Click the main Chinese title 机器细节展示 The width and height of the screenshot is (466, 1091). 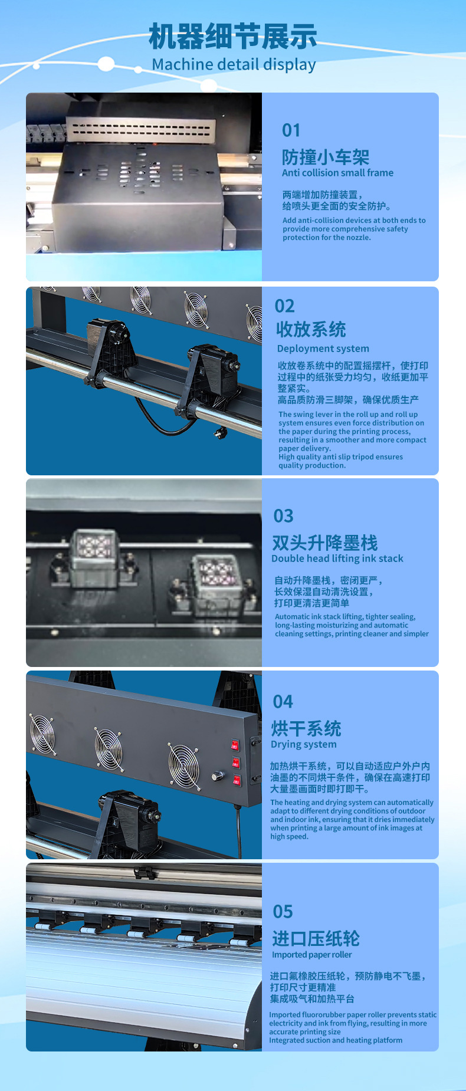(233, 37)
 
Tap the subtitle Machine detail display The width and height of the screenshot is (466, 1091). (234, 64)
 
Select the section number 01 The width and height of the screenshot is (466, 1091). (291, 130)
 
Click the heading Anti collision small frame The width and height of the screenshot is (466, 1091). (337, 173)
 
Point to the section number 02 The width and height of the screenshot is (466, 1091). (284, 306)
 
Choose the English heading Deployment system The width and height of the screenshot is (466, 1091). (323, 349)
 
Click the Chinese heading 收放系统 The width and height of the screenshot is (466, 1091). (311, 329)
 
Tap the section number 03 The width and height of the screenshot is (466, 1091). (283, 516)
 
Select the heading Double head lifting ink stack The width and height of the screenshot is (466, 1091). (337, 558)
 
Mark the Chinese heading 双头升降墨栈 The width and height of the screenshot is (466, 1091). (324, 543)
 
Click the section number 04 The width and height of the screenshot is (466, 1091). (283, 702)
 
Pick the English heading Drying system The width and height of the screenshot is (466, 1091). (303, 744)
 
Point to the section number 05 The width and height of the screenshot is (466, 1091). (283, 912)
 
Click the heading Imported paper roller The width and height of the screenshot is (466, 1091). (311, 955)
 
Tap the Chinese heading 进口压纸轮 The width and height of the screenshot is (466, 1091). (316, 938)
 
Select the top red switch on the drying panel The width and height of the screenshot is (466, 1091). (235, 745)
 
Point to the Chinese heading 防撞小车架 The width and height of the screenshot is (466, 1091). (326, 157)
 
